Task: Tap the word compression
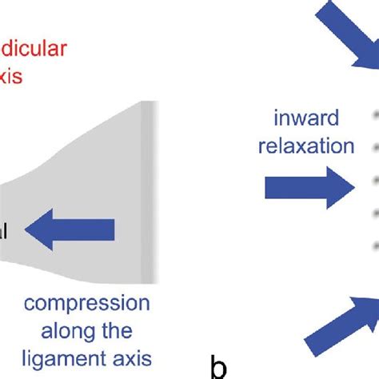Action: point(86,305)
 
